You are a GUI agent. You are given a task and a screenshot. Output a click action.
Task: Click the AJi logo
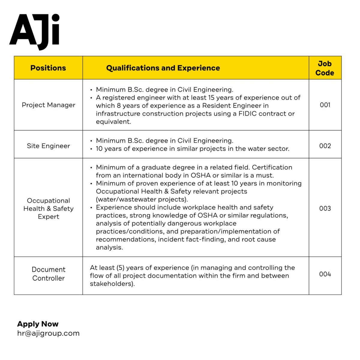point(34,31)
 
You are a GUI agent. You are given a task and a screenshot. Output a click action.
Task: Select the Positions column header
point(48,68)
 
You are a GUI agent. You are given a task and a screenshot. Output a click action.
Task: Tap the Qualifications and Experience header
point(163,68)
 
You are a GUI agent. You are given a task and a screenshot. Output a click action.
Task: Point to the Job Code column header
point(325,68)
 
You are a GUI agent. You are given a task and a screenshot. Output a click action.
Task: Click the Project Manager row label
point(48,105)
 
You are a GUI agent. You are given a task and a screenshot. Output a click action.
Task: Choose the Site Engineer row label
point(48,146)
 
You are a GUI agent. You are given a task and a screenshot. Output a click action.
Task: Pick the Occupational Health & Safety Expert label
point(48,208)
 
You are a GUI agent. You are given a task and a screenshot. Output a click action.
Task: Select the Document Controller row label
point(48,274)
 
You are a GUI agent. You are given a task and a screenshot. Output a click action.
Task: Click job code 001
point(325,105)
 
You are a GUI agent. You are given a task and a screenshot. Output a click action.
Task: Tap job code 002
point(325,146)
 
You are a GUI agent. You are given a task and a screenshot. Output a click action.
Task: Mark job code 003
point(325,208)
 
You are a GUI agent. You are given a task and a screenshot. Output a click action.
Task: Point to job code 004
point(325,274)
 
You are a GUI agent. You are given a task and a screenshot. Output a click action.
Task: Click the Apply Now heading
point(38,324)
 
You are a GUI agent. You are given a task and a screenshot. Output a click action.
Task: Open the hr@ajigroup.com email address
point(48,333)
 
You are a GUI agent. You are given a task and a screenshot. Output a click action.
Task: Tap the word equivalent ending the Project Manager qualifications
point(113,122)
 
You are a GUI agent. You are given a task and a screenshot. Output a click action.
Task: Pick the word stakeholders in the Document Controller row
point(112,284)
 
